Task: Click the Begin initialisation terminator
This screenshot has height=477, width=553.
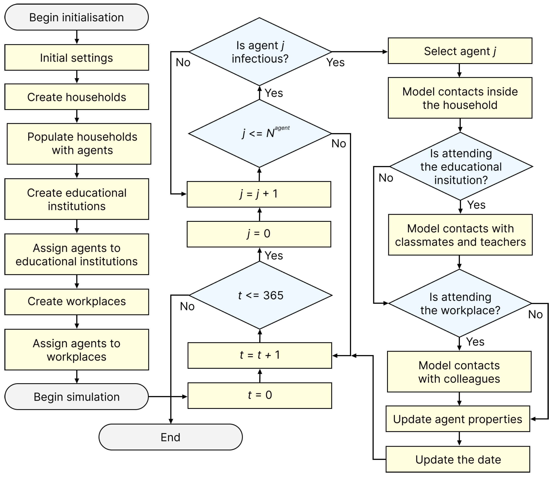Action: pyautogui.click(x=76, y=17)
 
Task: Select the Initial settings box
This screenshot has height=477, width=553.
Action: pyautogui.click(x=76, y=58)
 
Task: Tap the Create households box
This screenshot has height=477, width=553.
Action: pyautogui.click(x=76, y=97)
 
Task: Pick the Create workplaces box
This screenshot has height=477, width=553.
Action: pyautogui.click(x=76, y=302)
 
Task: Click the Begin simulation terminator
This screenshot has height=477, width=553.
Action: pyautogui.click(x=76, y=397)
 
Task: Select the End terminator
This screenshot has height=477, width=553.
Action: pyautogui.click(x=170, y=437)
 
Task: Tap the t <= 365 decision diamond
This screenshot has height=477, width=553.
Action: pyautogui.click(x=260, y=295)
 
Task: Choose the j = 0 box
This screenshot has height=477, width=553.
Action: pyautogui.click(x=259, y=234)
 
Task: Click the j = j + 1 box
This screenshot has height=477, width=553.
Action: pyautogui.click(x=259, y=194)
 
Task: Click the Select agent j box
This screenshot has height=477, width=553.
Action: pyautogui.click(x=460, y=51)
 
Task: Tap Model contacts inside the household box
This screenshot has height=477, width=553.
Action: pyautogui.click(x=460, y=98)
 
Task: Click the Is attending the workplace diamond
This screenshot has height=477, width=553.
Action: pyautogui.click(x=460, y=304)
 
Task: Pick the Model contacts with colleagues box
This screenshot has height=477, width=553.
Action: pyautogui.click(x=459, y=372)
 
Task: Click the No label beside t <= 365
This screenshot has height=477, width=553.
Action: pyautogui.click(x=187, y=306)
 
